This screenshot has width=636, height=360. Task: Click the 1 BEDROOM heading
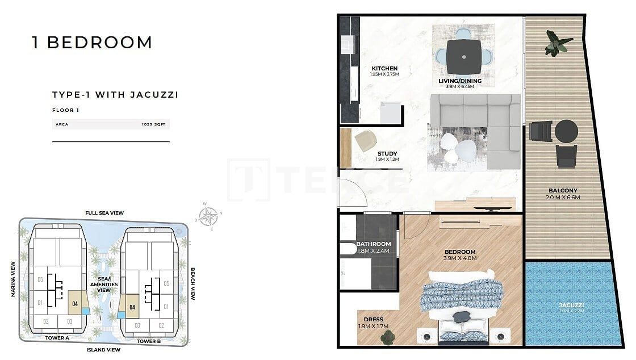click(92, 43)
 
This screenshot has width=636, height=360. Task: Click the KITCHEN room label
click(384, 69)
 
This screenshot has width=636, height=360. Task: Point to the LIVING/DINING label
click(460, 81)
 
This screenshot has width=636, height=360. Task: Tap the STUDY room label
click(387, 153)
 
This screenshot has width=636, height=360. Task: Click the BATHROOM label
click(374, 244)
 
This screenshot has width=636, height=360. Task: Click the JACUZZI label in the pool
click(571, 305)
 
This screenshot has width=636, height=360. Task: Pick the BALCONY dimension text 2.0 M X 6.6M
click(563, 198)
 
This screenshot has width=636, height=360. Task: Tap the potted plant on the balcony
click(556, 43)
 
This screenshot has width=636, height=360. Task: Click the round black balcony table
click(566, 132)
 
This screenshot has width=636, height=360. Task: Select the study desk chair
click(365, 140)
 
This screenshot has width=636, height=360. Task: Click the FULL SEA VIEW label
click(104, 213)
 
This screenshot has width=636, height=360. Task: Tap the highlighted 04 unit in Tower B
click(132, 307)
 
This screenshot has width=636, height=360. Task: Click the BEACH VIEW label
click(193, 284)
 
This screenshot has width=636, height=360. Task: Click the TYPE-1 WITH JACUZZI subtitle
click(115, 95)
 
